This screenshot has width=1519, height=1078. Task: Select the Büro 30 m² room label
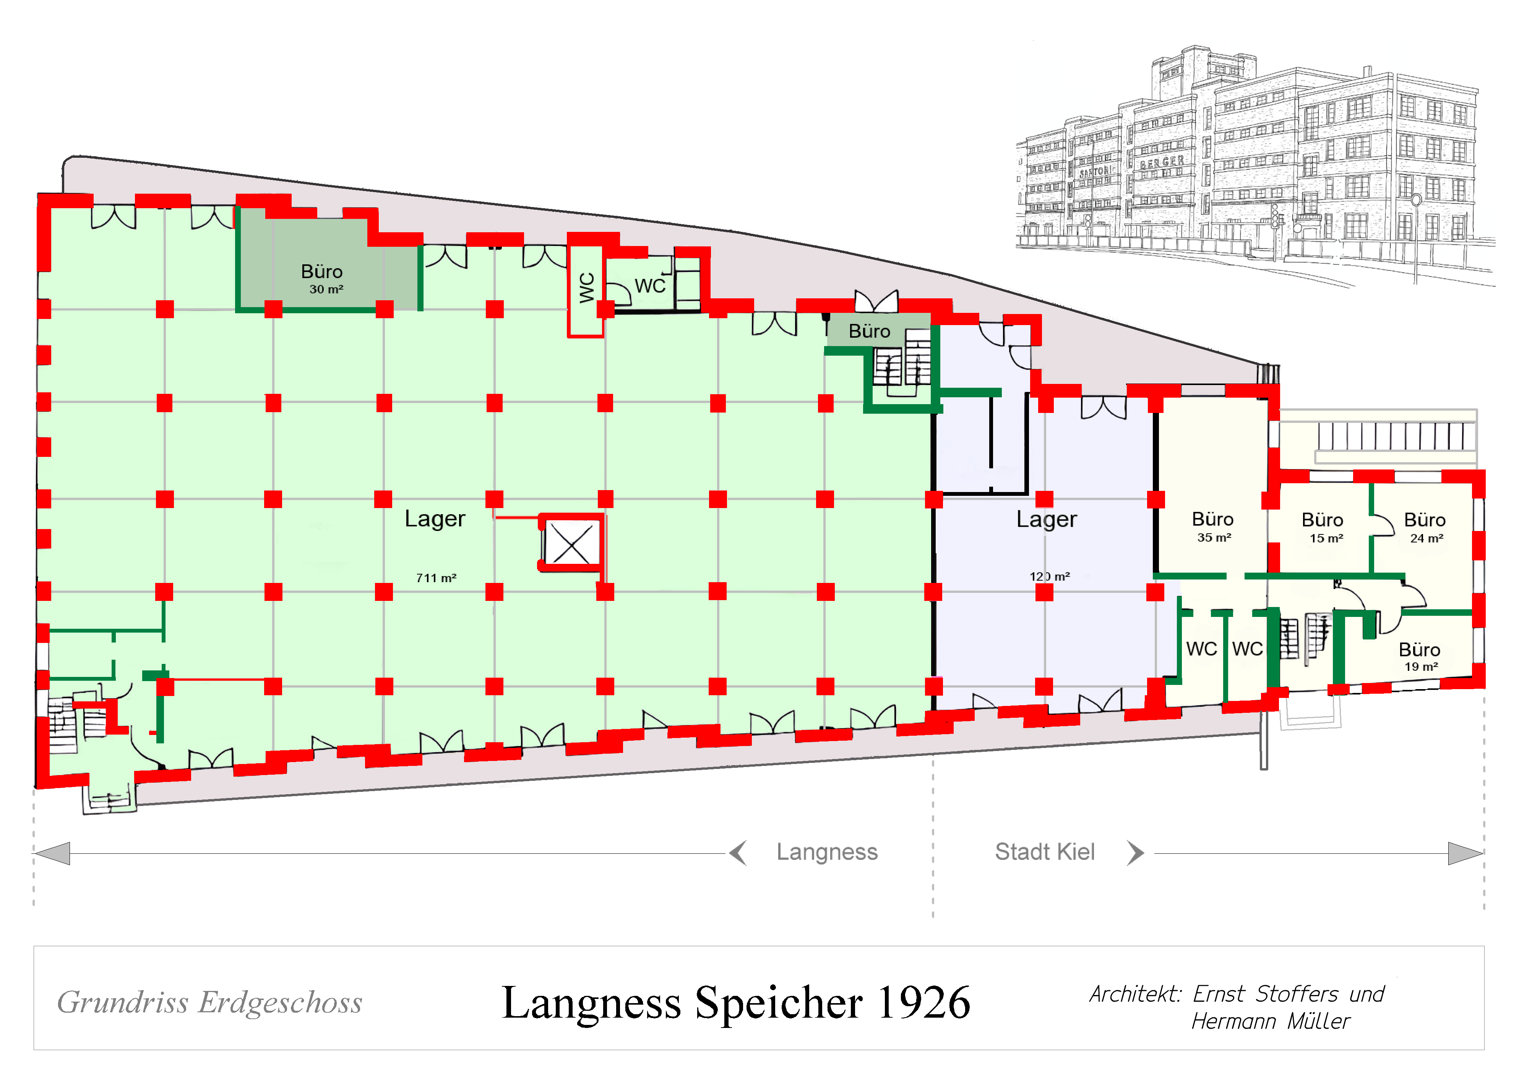click(x=322, y=279)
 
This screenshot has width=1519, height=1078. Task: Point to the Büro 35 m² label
click(x=1213, y=527)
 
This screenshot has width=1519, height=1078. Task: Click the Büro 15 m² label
click(x=1323, y=528)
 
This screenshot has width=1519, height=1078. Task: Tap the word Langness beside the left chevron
click(x=827, y=851)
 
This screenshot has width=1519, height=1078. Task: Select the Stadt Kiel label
click(x=1045, y=851)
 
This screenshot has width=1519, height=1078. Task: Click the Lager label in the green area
click(x=435, y=518)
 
